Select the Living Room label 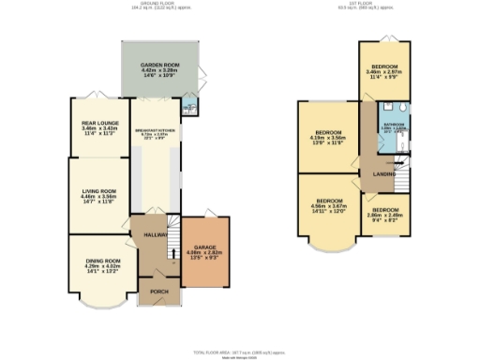97,190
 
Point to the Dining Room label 102,260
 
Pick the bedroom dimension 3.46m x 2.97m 382,74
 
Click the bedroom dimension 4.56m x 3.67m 328,208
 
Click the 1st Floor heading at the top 377,5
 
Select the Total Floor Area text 239,352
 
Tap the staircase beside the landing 400,161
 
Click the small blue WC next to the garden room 187,106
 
